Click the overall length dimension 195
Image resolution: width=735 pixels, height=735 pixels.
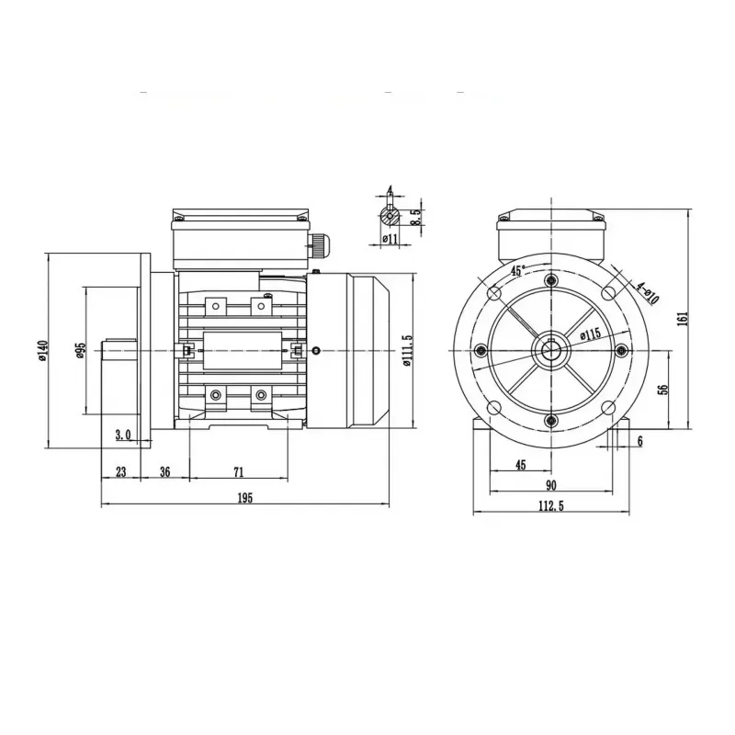tap(244, 497)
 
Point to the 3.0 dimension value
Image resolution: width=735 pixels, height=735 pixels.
tap(123, 435)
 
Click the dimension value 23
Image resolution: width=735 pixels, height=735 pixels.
tap(120, 471)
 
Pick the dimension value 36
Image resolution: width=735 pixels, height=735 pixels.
tap(165, 471)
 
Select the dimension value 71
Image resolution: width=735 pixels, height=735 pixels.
tap(238, 471)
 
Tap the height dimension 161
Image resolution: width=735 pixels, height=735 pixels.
tap(682, 319)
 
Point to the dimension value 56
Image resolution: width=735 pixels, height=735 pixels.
tap(663, 389)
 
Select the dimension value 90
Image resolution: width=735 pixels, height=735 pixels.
tap(550, 485)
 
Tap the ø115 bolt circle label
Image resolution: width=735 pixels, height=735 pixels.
tap(590, 335)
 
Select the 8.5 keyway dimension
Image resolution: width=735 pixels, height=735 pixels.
tap(415, 217)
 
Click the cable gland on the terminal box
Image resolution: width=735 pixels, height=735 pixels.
tap(319, 243)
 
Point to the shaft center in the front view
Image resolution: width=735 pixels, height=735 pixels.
tap(550, 350)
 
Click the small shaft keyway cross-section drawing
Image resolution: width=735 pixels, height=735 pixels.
tap(390, 216)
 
